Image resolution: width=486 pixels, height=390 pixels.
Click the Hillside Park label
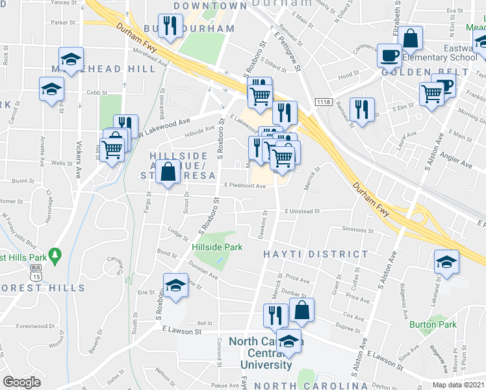(x=217, y=247)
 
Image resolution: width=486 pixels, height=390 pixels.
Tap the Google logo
(x=21, y=382)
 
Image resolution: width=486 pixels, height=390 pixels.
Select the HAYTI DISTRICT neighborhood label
(x=306, y=254)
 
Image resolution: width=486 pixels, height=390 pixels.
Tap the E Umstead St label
(x=302, y=211)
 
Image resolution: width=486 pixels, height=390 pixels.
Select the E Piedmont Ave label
(x=245, y=186)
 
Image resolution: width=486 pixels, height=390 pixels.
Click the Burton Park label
(x=433, y=324)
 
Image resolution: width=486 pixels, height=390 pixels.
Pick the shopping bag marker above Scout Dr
(x=168, y=172)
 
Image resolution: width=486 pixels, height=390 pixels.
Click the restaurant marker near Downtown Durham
(x=170, y=26)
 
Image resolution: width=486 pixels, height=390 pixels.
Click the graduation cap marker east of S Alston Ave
(x=446, y=261)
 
